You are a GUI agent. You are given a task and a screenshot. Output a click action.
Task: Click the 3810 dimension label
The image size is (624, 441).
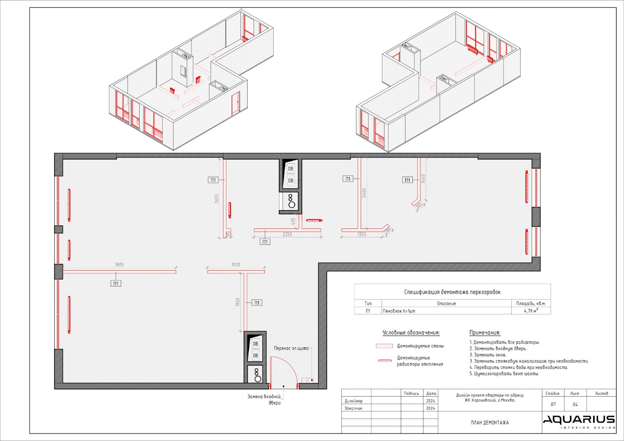pos(119,265)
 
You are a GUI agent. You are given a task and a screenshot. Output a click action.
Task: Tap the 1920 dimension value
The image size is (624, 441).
pos(236,265)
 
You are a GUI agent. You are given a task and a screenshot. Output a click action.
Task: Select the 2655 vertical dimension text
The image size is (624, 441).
pos(217,198)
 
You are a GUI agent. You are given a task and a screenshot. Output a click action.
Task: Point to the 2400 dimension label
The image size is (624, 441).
pos(364,193)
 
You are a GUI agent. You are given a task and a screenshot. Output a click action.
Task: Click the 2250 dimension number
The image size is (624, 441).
pos(287,234)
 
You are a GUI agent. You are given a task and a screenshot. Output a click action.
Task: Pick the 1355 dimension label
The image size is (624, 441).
pos(362,234)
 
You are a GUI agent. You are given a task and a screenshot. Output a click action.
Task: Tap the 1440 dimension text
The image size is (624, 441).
pos(423,179)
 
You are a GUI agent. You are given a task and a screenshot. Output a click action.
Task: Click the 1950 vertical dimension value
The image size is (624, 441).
pos(238,302)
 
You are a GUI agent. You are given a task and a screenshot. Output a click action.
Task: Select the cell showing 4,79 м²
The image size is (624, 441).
pos(531,311)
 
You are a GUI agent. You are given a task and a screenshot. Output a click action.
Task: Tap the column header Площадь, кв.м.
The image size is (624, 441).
pos(531,303)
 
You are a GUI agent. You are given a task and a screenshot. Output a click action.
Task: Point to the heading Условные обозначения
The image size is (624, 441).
pos(411,333)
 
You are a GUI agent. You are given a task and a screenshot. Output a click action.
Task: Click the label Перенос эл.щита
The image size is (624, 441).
pos(291,348)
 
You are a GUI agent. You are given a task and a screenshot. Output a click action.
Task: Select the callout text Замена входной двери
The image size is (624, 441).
pos(264,400)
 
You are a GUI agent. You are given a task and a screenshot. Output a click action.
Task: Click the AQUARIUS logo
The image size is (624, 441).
pos(579,421)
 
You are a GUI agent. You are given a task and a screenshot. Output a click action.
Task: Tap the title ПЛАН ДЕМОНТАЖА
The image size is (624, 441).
pos(490,423)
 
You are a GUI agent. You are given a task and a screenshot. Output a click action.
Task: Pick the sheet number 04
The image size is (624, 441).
pos(575,404)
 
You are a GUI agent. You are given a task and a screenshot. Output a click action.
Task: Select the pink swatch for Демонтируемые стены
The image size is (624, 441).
pos(384,346)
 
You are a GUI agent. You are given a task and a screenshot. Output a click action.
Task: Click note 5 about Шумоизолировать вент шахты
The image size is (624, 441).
pos(504,374)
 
